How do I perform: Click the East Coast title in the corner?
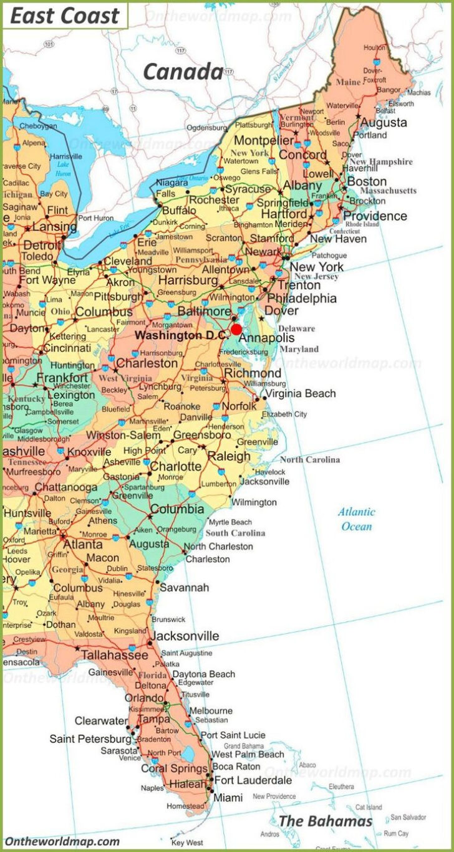click(x=64, y=16)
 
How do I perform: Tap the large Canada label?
click(x=183, y=72)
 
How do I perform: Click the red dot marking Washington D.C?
click(x=236, y=329)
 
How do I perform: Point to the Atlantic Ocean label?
click(x=357, y=519)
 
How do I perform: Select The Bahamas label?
click(x=325, y=821)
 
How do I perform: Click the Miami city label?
click(x=228, y=797)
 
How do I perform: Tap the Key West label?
click(x=186, y=843)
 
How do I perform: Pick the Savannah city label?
click(x=185, y=587)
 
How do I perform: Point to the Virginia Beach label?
click(x=300, y=393)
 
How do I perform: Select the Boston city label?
click(x=367, y=181)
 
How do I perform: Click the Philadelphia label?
click(x=302, y=298)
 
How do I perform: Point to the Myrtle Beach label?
click(x=230, y=522)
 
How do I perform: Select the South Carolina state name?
click(x=235, y=533)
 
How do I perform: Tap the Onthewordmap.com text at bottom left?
click(x=62, y=841)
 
